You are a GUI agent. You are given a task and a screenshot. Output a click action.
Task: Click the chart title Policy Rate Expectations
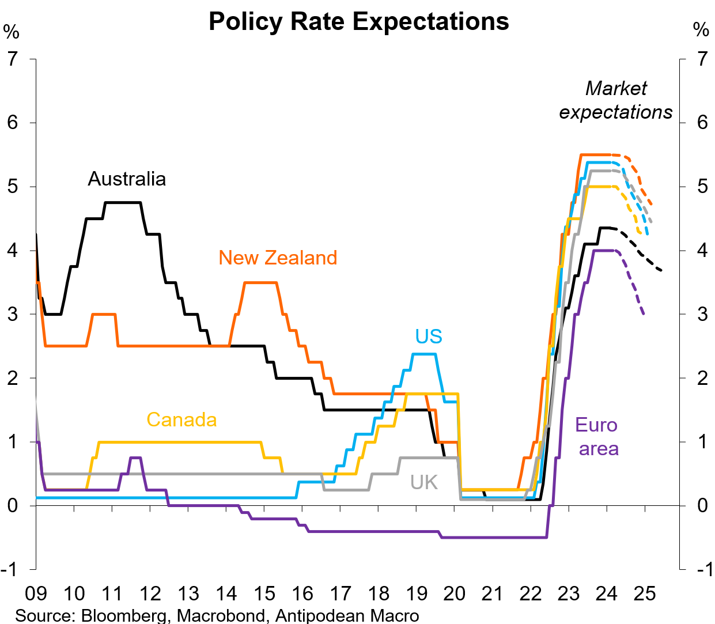(x=358, y=22)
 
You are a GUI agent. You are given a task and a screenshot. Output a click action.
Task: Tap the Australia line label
(x=127, y=179)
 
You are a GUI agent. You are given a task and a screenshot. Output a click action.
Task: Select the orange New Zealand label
(x=278, y=258)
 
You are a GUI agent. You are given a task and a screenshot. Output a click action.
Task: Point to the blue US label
(x=429, y=336)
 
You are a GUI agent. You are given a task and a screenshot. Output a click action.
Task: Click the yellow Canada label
(x=181, y=419)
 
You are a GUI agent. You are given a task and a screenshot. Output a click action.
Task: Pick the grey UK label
(x=424, y=482)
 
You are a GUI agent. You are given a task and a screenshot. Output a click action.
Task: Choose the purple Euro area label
(x=597, y=437)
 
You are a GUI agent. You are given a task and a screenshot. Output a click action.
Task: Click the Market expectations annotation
(x=616, y=100)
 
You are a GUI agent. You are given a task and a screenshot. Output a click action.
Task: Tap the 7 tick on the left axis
(x=13, y=59)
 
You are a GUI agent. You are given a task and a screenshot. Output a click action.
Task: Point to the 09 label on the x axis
(x=36, y=593)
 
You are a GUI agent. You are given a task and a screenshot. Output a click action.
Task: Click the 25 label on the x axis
(x=644, y=593)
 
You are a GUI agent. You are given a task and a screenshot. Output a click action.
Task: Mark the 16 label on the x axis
(x=302, y=593)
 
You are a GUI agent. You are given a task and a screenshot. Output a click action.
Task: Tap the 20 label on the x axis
(x=454, y=593)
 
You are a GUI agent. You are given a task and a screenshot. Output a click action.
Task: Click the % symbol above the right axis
(x=701, y=30)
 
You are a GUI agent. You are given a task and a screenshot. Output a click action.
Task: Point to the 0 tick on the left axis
(x=13, y=505)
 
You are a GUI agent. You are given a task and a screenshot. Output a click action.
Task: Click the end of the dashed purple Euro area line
(x=644, y=314)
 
